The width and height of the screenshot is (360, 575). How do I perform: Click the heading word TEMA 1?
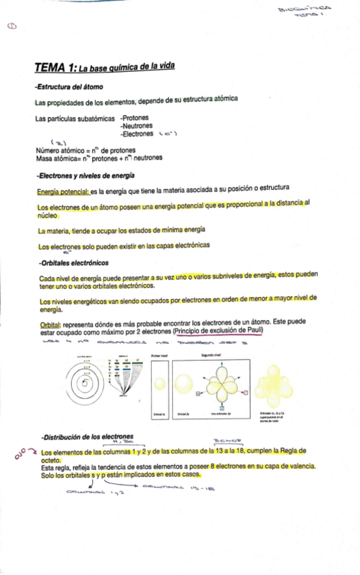click(x=56, y=67)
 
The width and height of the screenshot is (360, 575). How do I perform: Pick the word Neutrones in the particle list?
click(x=136, y=125)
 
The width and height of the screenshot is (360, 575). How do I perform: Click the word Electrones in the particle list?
click(x=138, y=134)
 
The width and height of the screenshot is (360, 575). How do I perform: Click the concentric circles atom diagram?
click(x=90, y=386)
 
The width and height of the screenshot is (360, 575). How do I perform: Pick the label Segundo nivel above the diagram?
click(x=212, y=355)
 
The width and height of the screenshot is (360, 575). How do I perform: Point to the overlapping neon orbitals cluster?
click(x=275, y=383)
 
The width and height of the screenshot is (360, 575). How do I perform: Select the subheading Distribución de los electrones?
click(x=87, y=436)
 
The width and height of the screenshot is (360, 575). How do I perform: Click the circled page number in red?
click(x=12, y=26)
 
